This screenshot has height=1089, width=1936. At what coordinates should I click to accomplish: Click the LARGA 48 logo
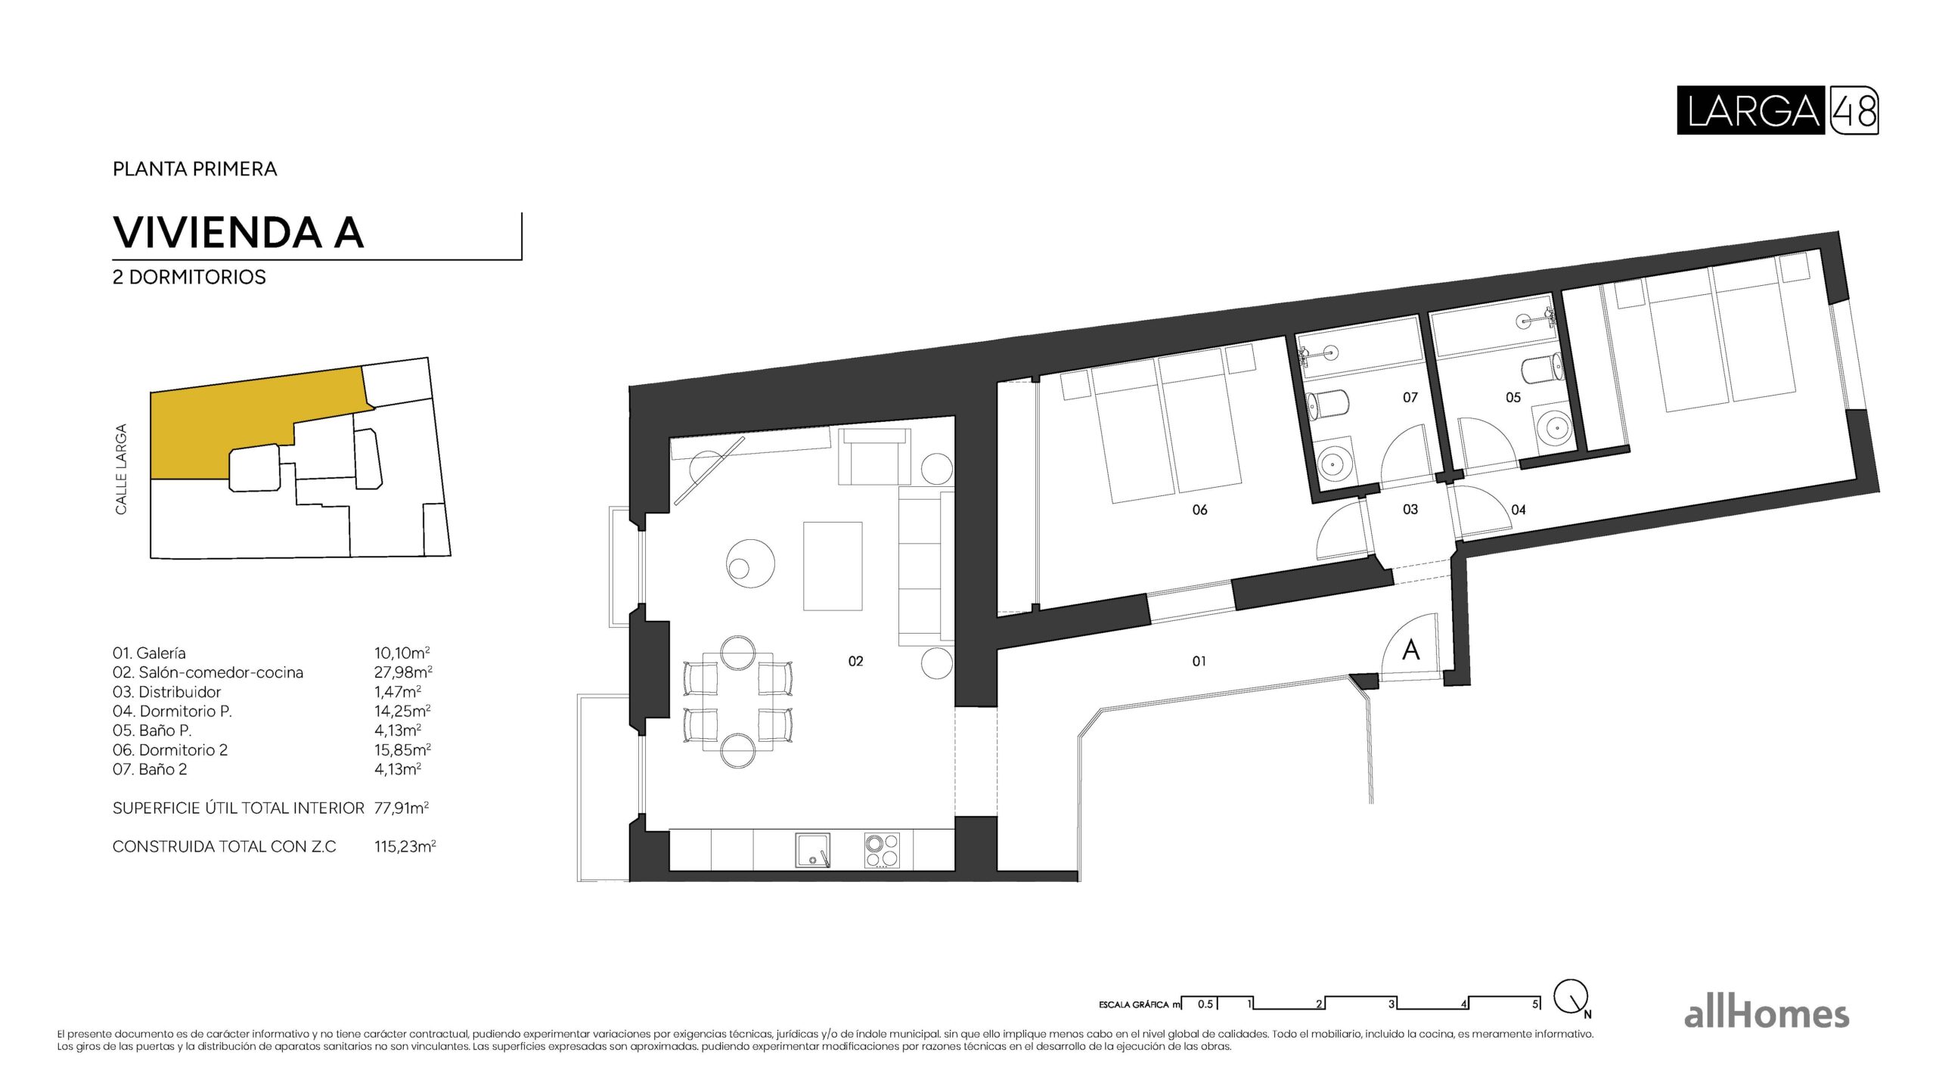pyautogui.click(x=1776, y=110)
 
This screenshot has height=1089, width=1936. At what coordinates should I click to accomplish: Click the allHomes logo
pyautogui.click(x=1766, y=1014)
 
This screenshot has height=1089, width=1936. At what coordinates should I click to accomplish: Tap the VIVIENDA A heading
pyautogui.click(x=238, y=232)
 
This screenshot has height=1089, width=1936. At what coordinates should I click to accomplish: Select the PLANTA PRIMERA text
pyautogui.click(x=194, y=169)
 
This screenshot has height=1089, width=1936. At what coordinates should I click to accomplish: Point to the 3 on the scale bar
pyautogui.click(x=1391, y=1004)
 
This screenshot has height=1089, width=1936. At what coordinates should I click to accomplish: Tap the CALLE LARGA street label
pyautogui.click(x=121, y=469)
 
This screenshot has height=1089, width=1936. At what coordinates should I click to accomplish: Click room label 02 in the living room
pyautogui.click(x=855, y=661)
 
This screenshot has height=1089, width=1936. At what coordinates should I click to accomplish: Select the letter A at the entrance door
pyautogui.click(x=1410, y=650)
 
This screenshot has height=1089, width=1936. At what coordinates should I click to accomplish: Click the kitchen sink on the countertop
pyautogui.click(x=812, y=850)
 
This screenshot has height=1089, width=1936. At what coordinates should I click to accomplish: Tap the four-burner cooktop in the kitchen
pyautogui.click(x=882, y=850)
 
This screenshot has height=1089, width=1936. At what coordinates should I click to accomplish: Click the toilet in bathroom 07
pyautogui.click(x=1327, y=405)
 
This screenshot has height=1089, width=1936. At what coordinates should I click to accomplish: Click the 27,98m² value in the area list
pyautogui.click(x=402, y=672)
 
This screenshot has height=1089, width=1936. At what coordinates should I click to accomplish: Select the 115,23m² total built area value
pyautogui.click(x=405, y=846)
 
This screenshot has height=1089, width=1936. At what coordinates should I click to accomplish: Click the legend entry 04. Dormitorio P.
pyautogui.click(x=172, y=711)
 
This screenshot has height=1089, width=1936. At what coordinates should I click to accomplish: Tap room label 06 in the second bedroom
pyautogui.click(x=1199, y=510)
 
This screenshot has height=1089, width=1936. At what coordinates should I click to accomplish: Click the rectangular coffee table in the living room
pyautogui.click(x=833, y=566)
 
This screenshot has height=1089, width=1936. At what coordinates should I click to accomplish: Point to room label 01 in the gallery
pyautogui.click(x=1199, y=661)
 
